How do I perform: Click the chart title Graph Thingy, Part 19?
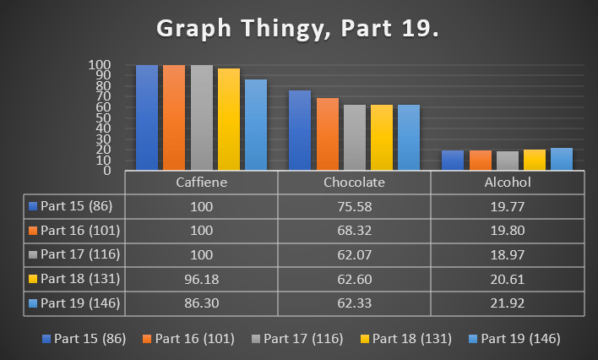tap(298, 30)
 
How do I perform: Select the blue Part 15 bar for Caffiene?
tap(147, 117)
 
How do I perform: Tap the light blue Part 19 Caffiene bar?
tap(255, 124)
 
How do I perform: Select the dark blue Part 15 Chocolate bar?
tap(300, 130)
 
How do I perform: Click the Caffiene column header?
tap(201, 183)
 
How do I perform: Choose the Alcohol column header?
tap(508, 183)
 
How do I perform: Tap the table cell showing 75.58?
tap(355, 206)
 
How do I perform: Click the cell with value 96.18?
tap(201, 278)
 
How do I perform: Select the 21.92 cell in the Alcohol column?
tap(508, 302)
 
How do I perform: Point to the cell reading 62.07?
tap(355, 254)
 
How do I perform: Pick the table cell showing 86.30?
tap(201, 302)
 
